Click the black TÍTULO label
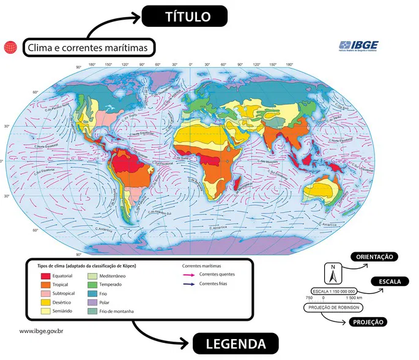pos(185,17)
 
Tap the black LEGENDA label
pos(236,343)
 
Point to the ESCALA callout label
pos(390,282)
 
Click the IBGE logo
pos(358,46)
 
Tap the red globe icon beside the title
pos(10,47)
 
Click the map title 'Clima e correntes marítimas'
pos(89,47)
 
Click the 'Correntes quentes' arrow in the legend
pos(190,274)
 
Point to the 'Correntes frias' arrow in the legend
pos(190,284)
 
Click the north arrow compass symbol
pos(333,270)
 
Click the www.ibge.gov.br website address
pos(42,331)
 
